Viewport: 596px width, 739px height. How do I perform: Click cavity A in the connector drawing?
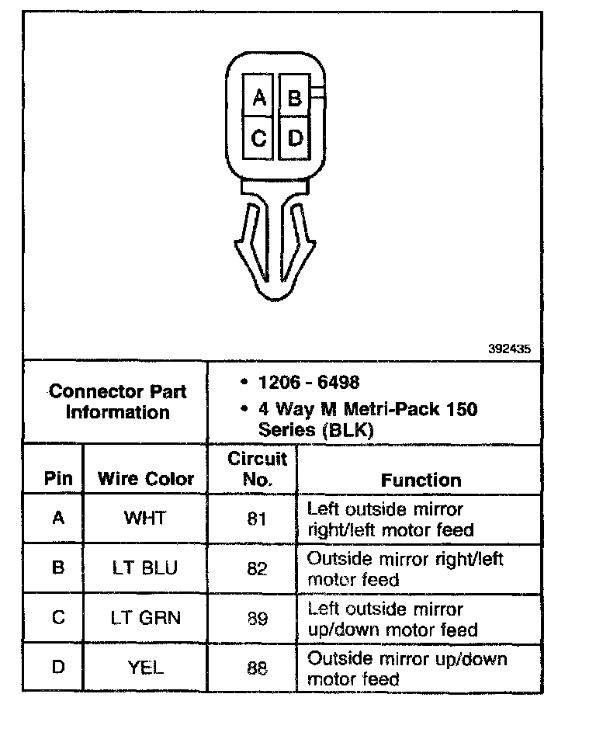point(259,98)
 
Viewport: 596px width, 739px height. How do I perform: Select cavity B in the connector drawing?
point(294,98)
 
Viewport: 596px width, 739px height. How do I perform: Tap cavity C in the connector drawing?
point(259,138)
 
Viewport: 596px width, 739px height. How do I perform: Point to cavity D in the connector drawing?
point(294,138)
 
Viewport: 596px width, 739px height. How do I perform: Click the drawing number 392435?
point(509,349)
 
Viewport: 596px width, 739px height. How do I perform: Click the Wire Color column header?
point(146,478)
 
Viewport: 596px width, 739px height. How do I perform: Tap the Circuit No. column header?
point(257,469)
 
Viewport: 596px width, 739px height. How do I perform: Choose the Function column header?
point(421,480)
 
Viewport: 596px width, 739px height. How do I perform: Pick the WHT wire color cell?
point(145,519)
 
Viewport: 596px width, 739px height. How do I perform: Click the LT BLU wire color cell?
point(145,568)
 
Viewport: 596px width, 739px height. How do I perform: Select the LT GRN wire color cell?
point(145,618)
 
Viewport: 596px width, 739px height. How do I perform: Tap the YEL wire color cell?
point(145,668)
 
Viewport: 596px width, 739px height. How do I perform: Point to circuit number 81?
point(257,519)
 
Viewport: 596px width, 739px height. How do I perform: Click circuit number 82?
point(257,568)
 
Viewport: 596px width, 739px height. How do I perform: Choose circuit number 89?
point(257,618)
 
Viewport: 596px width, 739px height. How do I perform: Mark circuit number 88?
point(257,668)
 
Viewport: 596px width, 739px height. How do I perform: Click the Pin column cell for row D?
point(57,667)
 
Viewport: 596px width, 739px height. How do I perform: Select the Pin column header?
point(58,478)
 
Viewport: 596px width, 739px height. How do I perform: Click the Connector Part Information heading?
point(117,401)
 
